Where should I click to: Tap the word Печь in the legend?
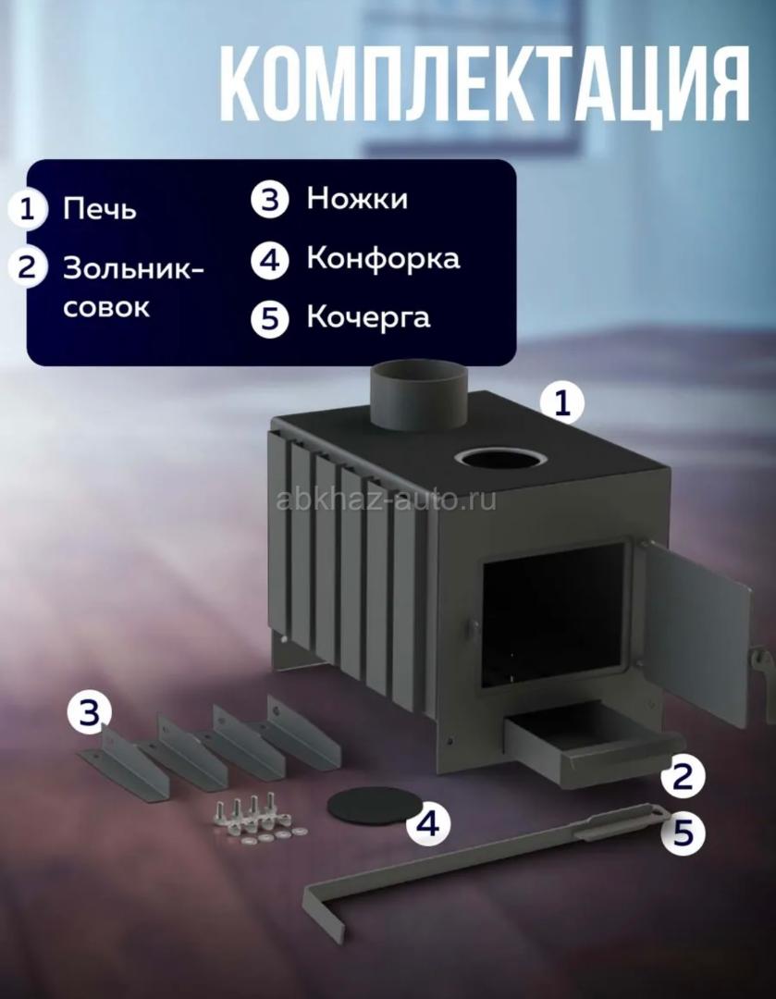(99, 209)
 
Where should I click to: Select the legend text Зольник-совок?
(133, 288)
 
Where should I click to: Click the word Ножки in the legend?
(357, 198)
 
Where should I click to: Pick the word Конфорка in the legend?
(383, 259)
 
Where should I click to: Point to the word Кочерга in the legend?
(368, 317)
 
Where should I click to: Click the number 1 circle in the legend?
(28, 209)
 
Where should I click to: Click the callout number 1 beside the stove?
(562, 402)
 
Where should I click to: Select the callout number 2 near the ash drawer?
(683, 777)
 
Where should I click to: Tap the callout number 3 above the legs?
(89, 710)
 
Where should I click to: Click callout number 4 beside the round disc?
(427, 822)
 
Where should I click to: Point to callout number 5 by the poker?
(683, 832)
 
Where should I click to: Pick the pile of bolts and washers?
(257, 818)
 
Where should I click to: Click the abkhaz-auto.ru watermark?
(387, 500)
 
